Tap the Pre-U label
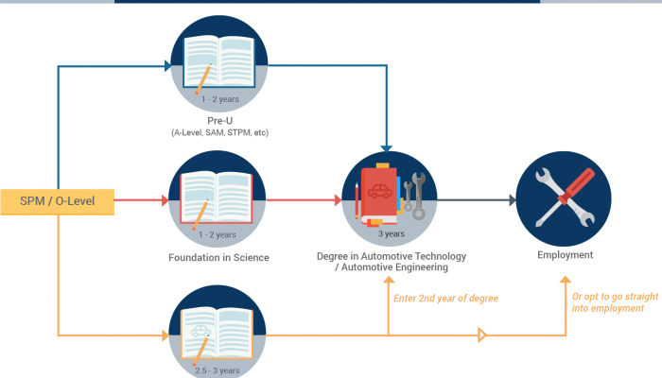219,119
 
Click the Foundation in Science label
219,257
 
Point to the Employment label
565,255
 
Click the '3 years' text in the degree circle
392,232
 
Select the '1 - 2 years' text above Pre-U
219,99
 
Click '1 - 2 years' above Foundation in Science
219,234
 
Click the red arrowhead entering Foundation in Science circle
166,200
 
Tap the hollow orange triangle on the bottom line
483,335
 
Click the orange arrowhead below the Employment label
565,280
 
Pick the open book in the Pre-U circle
219,58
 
